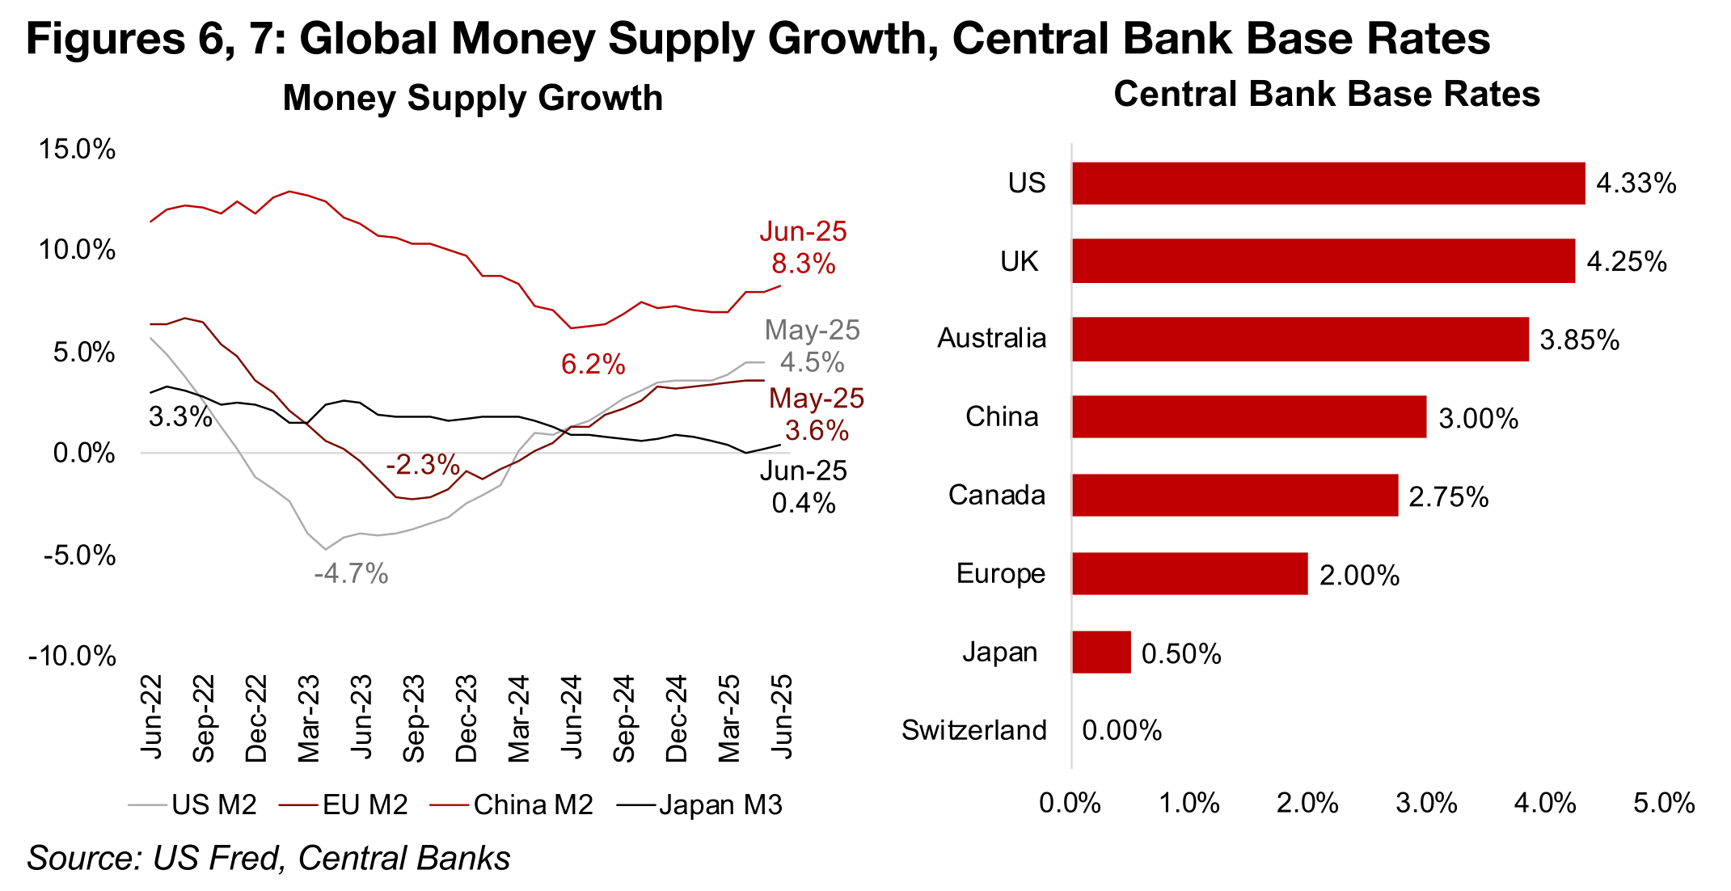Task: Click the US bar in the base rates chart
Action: tap(1328, 183)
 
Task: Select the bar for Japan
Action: tap(1101, 652)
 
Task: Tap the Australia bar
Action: tap(1300, 339)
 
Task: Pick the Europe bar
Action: tap(1189, 573)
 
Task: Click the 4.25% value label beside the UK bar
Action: tap(1626, 262)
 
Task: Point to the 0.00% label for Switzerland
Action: tap(1121, 730)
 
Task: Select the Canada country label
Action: tap(996, 495)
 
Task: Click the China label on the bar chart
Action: tap(1001, 416)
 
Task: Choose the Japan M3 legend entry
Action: tap(700, 804)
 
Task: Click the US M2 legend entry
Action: tap(193, 804)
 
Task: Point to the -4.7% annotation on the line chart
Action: tap(351, 574)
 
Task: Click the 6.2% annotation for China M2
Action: tap(593, 365)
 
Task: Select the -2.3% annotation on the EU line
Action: tap(422, 465)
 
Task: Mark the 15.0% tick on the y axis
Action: tap(78, 150)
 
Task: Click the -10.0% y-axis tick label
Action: tap(73, 656)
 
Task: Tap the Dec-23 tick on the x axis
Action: tap(467, 718)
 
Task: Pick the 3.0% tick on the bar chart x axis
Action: tap(1426, 803)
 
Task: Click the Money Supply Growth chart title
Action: tap(472, 98)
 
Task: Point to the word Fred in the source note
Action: tap(247, 858)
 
